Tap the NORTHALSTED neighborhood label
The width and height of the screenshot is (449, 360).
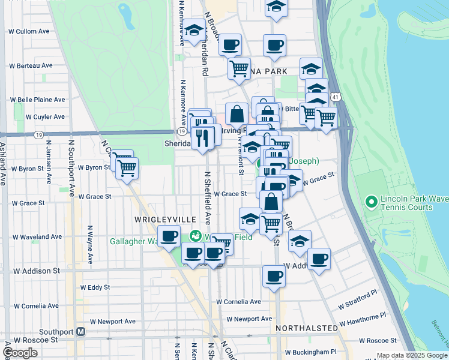pyautogui.click(x=306, y=329)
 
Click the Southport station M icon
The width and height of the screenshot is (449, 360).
pyautogui.click(x=80, y=331)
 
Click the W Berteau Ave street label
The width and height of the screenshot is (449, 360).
pyautogui.click(x=31, y=65)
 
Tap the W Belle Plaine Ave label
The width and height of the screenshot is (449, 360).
pyautogui.click(x=36, y=100)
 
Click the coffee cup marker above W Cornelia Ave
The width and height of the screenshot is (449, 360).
pyautogui.click(x=274, y=277)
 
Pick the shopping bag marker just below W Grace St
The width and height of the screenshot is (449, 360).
pyautogui.click(x=272, y=202)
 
